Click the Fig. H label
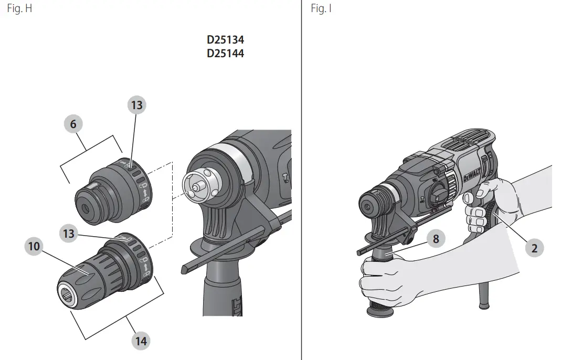(19, 8)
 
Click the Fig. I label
(321, 8)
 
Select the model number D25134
(226, 39)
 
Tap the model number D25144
(226, 54)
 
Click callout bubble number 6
(73, 124)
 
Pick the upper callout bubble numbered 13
(136, 105)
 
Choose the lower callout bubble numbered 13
(68, 234)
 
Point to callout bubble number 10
(34, 246)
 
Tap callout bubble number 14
(141, 341)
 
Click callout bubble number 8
(436, 239)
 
